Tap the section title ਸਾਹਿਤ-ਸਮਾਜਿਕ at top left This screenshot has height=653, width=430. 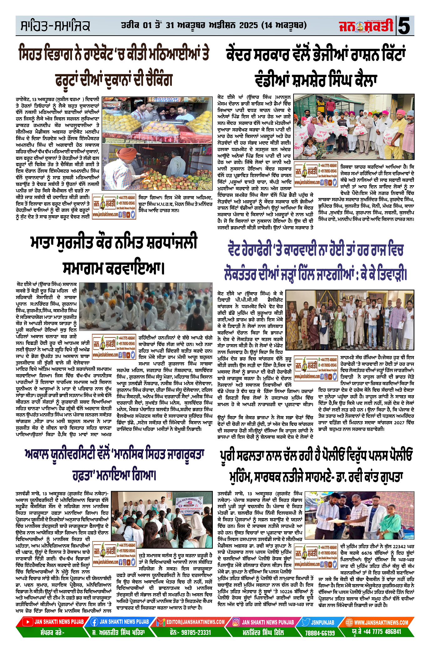tap(55, 26)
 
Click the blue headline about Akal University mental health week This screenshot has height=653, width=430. tap(114, 465)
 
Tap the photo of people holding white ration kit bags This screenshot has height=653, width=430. tap(354, 127)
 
